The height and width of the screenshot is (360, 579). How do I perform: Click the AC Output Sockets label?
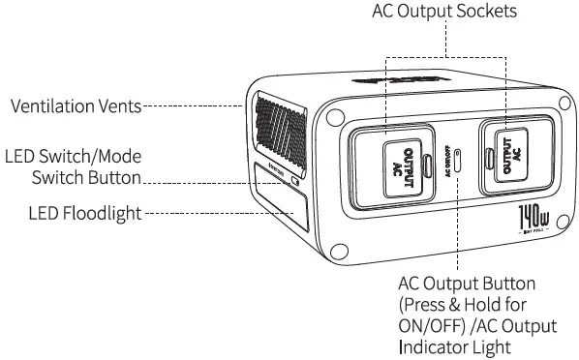(445, 13)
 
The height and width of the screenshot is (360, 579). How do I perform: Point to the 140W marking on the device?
(531, 215)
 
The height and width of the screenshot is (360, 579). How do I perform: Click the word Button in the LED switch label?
(142, 178)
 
